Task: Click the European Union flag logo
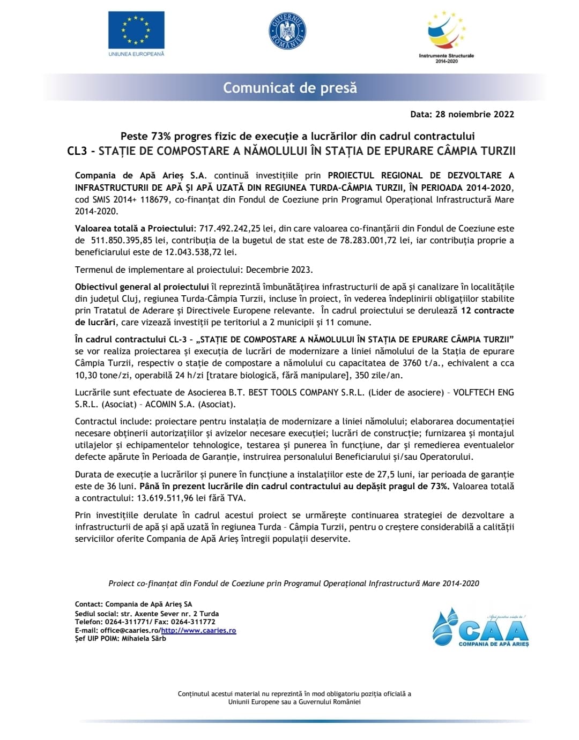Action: [136, 31]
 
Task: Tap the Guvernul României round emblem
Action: [287, 31]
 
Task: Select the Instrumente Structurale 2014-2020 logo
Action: [446, 35]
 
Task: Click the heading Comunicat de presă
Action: [289, 88]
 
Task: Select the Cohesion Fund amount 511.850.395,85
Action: [122, 240]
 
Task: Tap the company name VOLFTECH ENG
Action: [483, 392]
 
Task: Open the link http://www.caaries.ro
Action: [198, 631]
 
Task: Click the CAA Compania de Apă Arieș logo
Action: [480, 627]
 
